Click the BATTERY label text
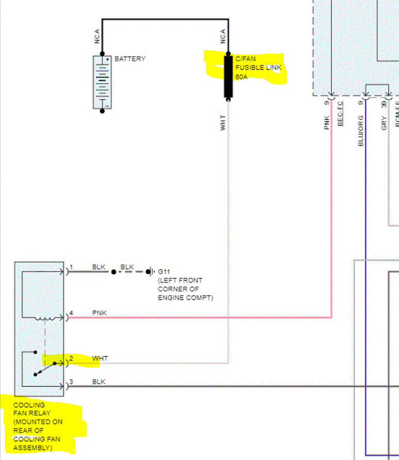click(130, 59)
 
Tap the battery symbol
click(102, 82)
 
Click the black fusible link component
click(228, 76)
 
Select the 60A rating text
click(242, 76)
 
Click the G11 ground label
click(164, 271)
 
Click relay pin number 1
click(72, 267)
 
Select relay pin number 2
click(72, 358)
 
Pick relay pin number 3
click(72, 382)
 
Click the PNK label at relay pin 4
click(100, 313)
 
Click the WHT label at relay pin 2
click(100, 358)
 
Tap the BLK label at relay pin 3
click(99, 382)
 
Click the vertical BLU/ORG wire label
click(361, 130)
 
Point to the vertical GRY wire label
click(384, 123)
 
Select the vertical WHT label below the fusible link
click(223, 122)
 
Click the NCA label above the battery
click(97, 36)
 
